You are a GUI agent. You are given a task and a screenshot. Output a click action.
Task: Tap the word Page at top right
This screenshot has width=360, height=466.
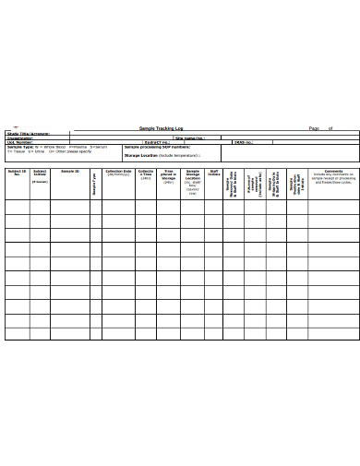coord(314,128)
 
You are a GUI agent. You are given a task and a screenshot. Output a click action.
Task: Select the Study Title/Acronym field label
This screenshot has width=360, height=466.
coord(28,133)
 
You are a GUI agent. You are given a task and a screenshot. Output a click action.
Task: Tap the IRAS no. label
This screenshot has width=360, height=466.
coord(242,142)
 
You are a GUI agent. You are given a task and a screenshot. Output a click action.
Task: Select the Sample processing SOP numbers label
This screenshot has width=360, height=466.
coord(157,147)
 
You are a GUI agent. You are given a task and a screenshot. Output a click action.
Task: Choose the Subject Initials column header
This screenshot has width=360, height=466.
coord(40,173)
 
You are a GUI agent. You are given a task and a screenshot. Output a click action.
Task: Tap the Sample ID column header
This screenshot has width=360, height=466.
coord(70,172)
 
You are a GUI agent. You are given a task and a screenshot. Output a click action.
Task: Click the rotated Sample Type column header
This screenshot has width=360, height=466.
coord(94,185)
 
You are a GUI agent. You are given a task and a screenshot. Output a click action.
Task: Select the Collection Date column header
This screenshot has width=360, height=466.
coord(118,173)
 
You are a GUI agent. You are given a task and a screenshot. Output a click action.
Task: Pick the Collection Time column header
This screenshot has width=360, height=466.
coord(146,174)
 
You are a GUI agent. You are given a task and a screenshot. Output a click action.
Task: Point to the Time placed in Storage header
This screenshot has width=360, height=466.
coord(169,176)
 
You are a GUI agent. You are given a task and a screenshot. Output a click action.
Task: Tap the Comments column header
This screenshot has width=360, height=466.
coord(333,172)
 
